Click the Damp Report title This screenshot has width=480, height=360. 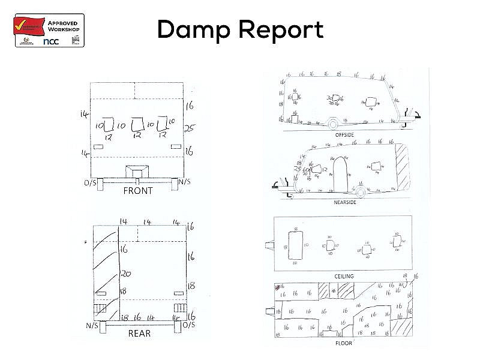[240, 29]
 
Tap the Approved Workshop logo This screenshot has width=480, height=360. [49, 29]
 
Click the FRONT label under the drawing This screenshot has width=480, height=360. [137, 191]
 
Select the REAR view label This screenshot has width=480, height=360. [139, 334]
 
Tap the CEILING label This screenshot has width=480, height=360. [344, 276]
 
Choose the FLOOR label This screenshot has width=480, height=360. [343, 343]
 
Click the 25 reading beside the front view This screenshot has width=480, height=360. [190, 128]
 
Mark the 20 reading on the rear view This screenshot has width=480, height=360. [125, 274]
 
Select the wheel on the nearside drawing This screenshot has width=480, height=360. [360, 191]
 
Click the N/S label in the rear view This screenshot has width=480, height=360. [92, 325]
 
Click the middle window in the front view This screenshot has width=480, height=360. [137, 124]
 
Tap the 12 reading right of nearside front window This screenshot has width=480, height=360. [324, 170]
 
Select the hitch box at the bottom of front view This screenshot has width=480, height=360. [137, 170]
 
